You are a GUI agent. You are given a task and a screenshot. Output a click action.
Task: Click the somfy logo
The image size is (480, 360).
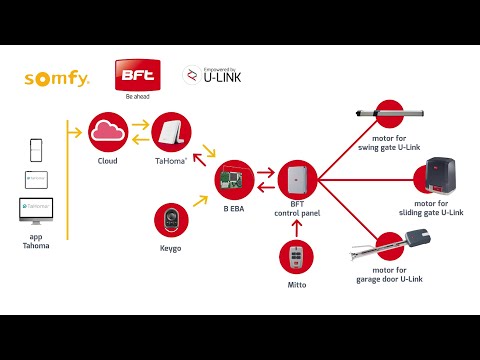click(57, 76)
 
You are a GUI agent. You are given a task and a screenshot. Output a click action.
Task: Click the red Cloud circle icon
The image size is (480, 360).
click(107, 131)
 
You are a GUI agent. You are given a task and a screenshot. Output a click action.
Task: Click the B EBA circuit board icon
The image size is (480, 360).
click(235, 179)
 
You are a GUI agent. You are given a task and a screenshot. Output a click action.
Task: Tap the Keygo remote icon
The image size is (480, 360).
click(170, 220)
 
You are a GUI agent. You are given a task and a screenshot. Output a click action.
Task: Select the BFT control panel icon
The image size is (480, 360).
click(296, 180)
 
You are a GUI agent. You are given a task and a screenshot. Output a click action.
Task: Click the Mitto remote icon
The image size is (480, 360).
click(296, 257)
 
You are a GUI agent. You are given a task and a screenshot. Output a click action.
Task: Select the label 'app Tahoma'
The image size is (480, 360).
click(36, 241)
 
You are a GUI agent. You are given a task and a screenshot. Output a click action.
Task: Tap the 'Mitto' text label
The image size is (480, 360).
click(296, 285)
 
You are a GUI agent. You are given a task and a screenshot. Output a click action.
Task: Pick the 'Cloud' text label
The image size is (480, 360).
click(107, 161)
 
